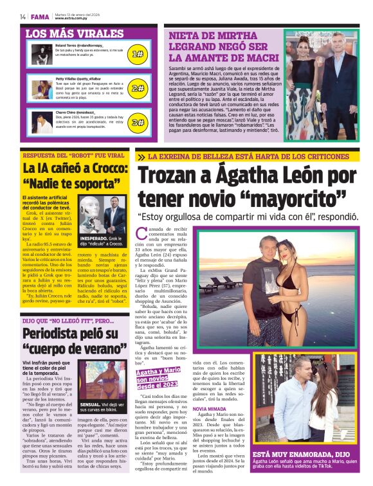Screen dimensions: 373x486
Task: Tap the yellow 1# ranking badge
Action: tap(138, 54)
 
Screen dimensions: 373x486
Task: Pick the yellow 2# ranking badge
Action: tap(138, 88)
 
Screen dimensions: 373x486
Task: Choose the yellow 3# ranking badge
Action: tap(138, 122)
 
